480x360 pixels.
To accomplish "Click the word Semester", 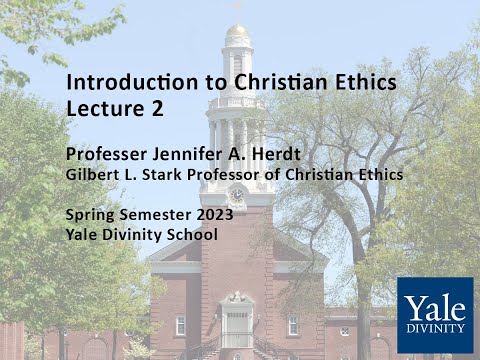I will coord(151,215).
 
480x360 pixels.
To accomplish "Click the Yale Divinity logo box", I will coord(434,314).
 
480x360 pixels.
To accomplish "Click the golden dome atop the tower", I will coord(237,34).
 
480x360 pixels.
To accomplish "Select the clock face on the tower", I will coord(237,194).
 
